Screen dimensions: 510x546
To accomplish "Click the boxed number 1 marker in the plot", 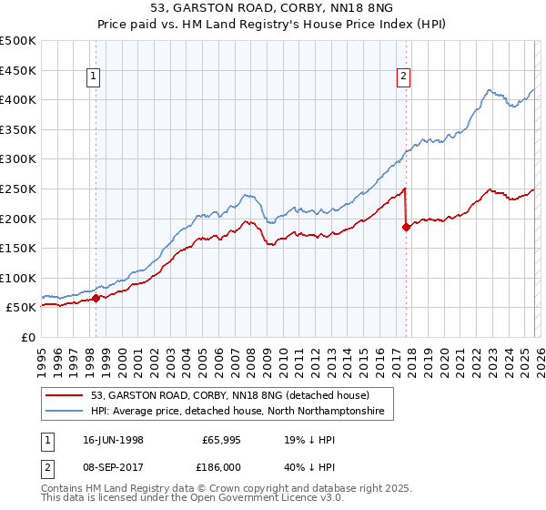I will pyautogui.click(x=95, y=77).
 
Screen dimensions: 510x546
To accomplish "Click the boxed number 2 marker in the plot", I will pyautogui.click(x=402, y=77).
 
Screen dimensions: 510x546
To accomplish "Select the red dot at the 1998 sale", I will pyautogui.click(x=96, y=298).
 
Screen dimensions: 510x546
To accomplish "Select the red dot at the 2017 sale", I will pyautogui.click(x=406, y=228).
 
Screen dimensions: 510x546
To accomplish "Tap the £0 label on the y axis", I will pyautogui.click(x=27, y=337).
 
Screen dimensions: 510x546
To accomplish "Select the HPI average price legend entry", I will pyautogui.click(x=237, y=412).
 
